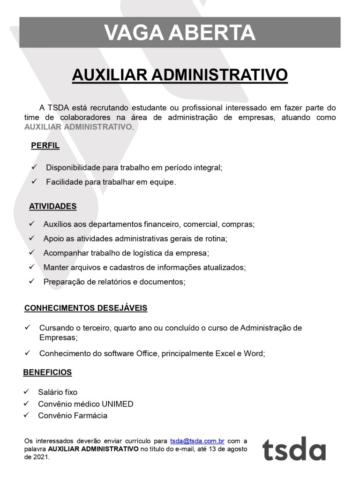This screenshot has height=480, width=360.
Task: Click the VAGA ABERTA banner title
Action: [x=180, y=33]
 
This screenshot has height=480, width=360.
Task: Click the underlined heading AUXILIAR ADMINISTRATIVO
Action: [x=180, y=75]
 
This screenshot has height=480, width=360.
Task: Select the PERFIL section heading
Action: [x=45, y=145]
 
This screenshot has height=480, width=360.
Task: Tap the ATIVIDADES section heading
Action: [x=52, y=206]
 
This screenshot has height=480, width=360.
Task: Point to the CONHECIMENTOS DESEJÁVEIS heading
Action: [x=86, y=308]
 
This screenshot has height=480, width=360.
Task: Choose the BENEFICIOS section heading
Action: [x=47, y=372]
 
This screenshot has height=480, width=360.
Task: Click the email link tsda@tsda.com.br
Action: [x=197, y=441]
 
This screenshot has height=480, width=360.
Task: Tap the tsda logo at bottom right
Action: [x=294, y=449]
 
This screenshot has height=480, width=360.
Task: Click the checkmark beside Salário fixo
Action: [x=27, y=391]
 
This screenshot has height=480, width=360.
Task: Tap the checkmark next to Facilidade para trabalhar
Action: [x=34, y=181]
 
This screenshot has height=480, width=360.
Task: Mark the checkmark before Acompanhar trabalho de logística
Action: [x=32, y=253]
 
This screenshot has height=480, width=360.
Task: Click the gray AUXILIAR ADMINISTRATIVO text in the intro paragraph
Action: [x=78, y=127]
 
